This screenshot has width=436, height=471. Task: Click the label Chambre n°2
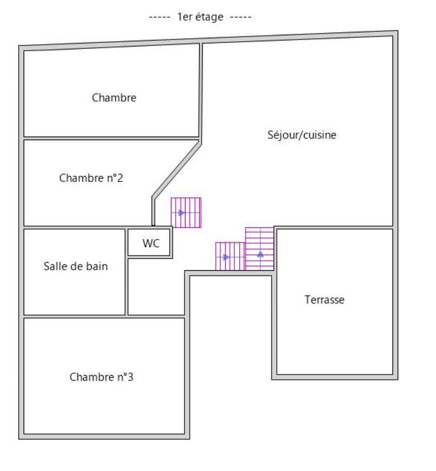[91, 178]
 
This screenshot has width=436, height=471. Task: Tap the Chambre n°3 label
[101, 377]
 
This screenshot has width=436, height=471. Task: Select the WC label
[151, 243]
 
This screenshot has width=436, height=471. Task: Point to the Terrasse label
[325, 300]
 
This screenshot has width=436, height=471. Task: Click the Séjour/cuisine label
[302, 135]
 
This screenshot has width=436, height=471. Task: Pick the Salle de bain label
[75, 266]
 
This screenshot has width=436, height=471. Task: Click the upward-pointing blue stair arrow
[260, 254]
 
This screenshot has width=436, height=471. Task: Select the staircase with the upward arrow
[259, 248]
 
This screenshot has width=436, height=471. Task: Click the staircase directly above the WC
[186, 213]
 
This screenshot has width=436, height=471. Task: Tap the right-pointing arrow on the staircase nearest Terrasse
[226, 257]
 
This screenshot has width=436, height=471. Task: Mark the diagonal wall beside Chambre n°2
[177, 170]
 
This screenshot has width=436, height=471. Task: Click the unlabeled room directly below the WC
[156, 287]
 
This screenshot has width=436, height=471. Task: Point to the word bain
[97, 266]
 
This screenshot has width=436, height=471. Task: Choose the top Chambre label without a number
[114, 98]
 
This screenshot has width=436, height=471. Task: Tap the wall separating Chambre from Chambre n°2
[111, 138]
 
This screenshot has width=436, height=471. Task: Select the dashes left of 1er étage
[160, 17]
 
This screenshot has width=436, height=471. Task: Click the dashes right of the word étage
[240, 17]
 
